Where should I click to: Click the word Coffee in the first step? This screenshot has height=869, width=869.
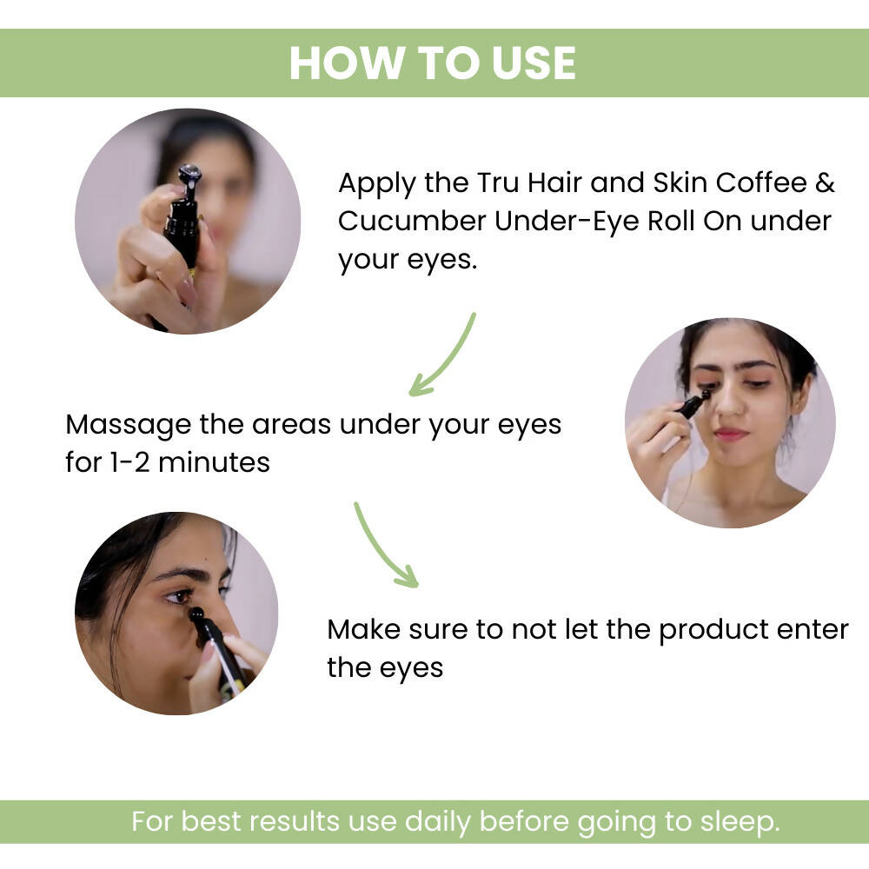pos(761,182)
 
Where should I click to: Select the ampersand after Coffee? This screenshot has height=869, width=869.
pos(825,182)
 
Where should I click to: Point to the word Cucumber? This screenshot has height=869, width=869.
pos(412,221)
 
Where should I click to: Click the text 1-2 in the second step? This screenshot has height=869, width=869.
pos(131,463)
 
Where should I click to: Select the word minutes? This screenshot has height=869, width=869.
pos(215,463)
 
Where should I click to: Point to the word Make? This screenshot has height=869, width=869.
pos(363,629)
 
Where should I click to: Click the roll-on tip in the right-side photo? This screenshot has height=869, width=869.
pos(705,395)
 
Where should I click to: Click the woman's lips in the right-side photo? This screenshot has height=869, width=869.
pos(731,434)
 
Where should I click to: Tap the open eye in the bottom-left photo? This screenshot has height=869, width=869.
pos(180,596)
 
